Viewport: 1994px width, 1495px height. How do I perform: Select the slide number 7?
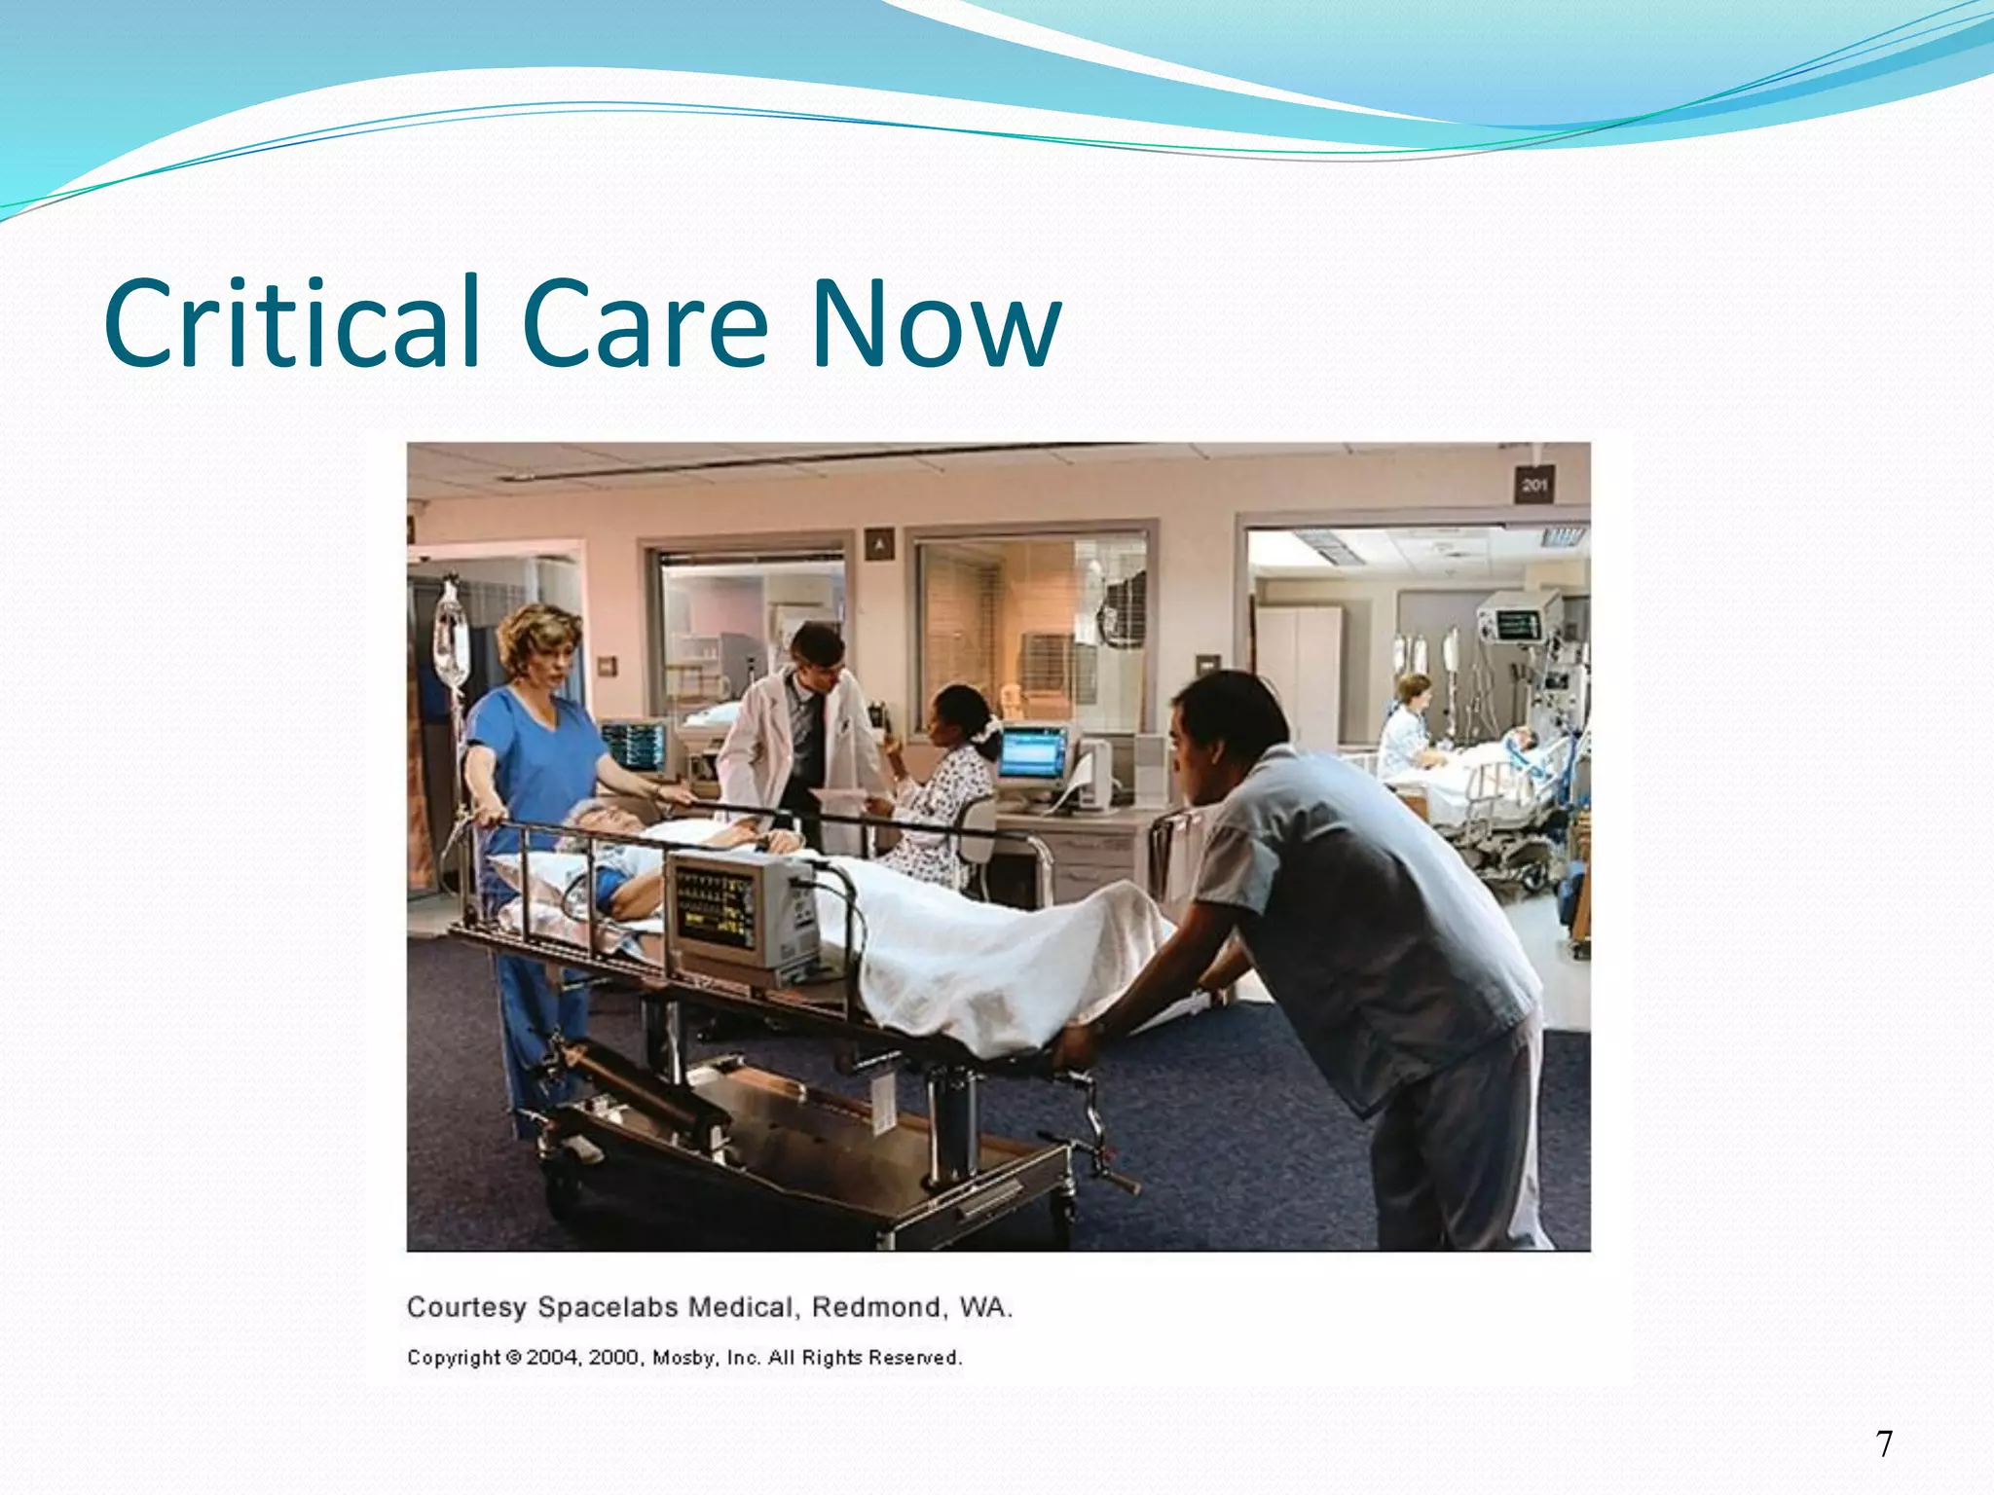1885,1443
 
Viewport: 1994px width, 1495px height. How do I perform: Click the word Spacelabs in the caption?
609,1307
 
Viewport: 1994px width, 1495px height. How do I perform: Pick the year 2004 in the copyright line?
553,1358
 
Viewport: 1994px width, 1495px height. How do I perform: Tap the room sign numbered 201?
1533,485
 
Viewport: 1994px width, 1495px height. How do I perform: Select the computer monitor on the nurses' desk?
1034,754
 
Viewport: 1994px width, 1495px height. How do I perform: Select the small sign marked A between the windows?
879,545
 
